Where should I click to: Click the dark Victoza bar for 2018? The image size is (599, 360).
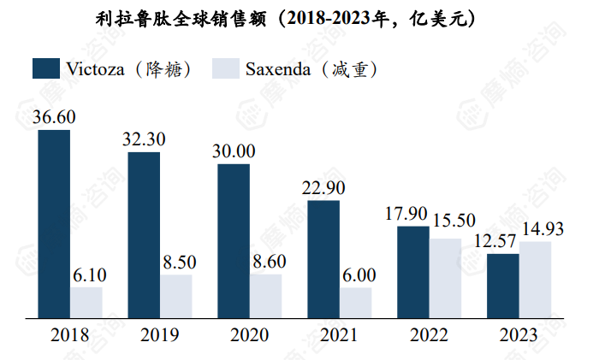click(54, 225)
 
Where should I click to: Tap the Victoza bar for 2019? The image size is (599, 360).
click(144, 236)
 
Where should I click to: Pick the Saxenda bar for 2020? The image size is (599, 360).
click(266, 297)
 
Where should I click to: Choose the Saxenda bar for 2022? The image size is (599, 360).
click(446, 279)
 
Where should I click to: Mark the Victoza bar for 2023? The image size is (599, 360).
click(502, 286)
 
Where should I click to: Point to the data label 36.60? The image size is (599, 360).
click(54, 118)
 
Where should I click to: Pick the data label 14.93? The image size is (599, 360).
click(545, 227)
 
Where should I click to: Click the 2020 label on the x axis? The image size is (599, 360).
click(249, 335)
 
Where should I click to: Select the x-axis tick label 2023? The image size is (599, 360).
click(518, 335)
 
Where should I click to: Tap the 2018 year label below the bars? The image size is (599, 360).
click(70, 335)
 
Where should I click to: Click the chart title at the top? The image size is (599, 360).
click(299, 18)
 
